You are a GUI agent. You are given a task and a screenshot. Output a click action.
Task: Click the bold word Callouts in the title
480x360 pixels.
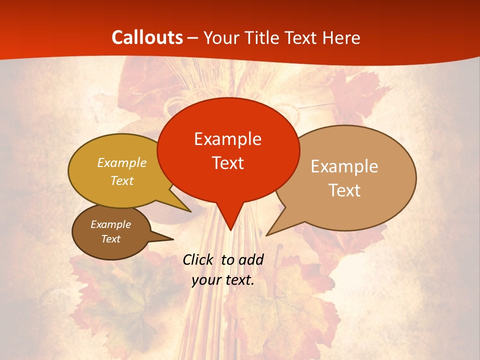(x=147, y=37)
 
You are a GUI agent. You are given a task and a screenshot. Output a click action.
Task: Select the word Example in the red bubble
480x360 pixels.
(x=227, y=139)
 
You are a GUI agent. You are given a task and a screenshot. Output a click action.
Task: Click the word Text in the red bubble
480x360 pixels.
(x=227, y=163)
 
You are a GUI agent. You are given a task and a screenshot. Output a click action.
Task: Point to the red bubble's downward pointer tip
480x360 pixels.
(x=230, y=230)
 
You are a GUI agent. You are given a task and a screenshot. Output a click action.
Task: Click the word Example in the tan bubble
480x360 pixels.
(x=344, y=166)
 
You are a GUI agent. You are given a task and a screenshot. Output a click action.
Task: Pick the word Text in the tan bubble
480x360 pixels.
(x=344, y=190)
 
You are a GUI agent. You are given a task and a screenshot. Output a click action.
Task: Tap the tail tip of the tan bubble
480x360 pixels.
(x=267, y=235)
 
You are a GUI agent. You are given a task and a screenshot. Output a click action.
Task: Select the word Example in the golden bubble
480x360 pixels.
(x=122, y=163)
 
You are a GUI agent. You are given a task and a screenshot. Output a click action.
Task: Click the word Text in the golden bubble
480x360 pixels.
(x=122, y=181)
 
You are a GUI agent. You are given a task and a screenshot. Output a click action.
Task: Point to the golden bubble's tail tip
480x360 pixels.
(x=190, y=211)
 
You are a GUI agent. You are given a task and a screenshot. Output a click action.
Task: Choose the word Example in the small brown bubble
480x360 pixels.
(x=110, y=224)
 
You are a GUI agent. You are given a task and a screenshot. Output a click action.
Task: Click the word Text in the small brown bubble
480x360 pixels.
(x=110, y=239)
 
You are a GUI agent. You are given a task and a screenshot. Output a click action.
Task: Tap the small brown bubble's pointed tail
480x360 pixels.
(x=173, y=239)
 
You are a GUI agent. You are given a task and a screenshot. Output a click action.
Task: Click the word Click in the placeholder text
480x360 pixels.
(x=199, y=259)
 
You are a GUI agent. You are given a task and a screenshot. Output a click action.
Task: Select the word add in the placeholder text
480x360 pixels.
(x=251, y=259)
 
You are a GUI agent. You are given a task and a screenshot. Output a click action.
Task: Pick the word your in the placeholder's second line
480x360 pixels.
(x=205, y=280)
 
